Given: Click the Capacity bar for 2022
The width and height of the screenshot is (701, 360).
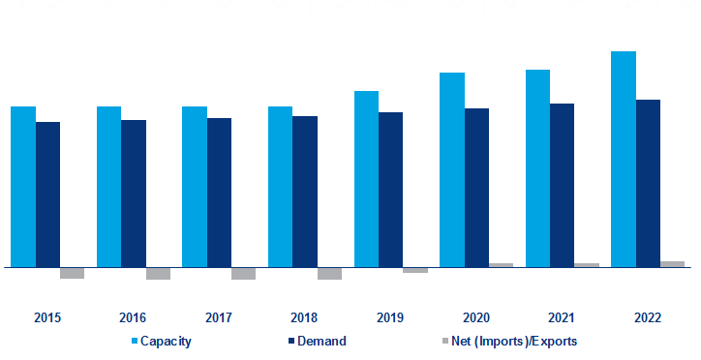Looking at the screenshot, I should coord(624,159).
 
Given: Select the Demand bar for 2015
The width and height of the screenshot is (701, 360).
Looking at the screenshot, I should coord(47,194).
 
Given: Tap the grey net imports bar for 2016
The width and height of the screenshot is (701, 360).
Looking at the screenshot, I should coord(158,273).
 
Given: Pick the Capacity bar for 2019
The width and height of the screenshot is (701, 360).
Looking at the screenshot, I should coord(366,178).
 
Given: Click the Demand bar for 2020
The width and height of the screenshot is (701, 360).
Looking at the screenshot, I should coord(476,187).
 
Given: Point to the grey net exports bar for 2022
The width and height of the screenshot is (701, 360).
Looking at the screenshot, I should coord(672,263).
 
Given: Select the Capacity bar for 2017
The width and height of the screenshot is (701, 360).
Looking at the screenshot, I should coord(195,186).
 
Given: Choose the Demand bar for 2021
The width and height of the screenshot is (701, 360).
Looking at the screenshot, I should coord(563,184).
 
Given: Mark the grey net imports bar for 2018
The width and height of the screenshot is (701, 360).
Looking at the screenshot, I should coord(329,273).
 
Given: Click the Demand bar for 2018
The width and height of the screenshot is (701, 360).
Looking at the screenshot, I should coord(305,191).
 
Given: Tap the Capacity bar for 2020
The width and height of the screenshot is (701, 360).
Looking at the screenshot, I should coord(452,169).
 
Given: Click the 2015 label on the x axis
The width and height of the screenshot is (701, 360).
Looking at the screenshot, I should coord(47,317).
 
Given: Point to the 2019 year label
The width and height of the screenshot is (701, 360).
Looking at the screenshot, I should coord(390,317).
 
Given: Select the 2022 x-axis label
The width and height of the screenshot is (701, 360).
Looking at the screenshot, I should coord(648,317).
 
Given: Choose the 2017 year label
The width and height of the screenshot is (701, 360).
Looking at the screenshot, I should coord(219,317).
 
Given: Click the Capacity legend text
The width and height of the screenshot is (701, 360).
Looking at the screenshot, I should coord(166,341).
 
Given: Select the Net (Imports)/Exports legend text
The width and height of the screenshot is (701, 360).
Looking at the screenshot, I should coord(514,341).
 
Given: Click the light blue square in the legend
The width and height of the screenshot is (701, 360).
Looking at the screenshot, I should coord(135,341).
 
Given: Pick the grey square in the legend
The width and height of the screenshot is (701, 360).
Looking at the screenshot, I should coord(444,341).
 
